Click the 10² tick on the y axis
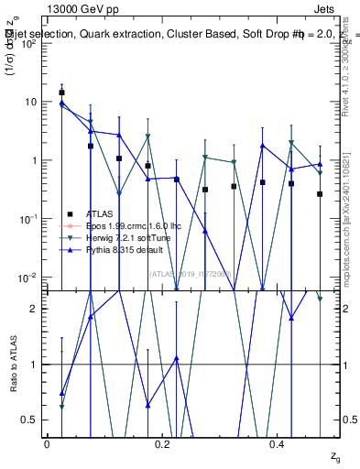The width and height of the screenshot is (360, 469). (30, 43)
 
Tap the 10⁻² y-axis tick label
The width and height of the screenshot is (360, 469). (30, 278)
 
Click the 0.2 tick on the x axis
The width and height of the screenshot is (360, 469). (162, 443)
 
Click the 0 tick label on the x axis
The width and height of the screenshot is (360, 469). (47, 443)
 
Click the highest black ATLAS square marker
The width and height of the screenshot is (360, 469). (61, 93)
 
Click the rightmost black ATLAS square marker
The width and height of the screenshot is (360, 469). (320, 194)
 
